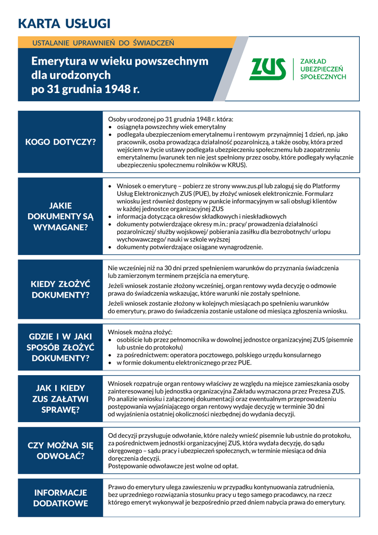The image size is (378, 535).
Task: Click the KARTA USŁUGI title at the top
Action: point(64,24)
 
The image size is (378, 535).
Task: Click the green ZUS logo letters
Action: point(268,69)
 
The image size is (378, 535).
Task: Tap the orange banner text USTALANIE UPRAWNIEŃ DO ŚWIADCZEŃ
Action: point(103,42)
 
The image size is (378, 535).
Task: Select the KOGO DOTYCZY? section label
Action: point(60,142)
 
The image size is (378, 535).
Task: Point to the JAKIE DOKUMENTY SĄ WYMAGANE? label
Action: point(60,216)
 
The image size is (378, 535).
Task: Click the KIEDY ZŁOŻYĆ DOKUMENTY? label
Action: point(60,289)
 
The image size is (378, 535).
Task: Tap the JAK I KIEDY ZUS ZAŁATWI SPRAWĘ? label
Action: point(60,399)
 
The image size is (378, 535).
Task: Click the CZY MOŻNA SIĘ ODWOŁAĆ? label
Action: point(60,450)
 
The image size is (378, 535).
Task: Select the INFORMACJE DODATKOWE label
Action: point(60,498)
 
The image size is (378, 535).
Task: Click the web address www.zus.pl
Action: point(249,186)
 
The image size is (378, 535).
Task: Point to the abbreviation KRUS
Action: point(237,165)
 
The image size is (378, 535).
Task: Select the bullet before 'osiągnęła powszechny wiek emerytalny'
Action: point(111,127)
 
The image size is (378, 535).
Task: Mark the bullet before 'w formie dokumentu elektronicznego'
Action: point(111,363)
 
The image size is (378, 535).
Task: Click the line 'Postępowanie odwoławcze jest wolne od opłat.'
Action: point(173,466)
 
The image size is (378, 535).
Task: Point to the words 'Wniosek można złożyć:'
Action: point(140,332)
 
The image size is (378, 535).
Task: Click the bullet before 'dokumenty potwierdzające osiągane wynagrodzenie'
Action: point(111,247)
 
